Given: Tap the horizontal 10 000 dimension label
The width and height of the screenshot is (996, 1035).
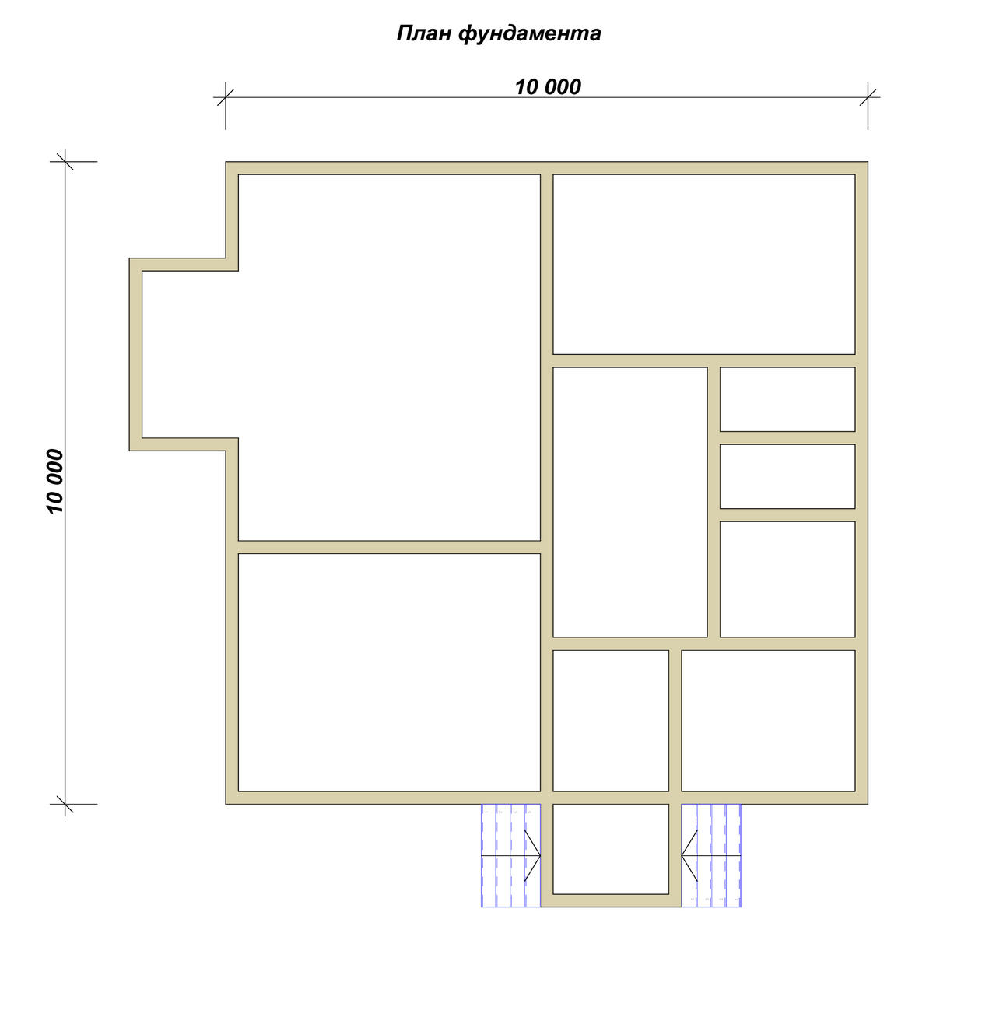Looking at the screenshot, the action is coord(548,86).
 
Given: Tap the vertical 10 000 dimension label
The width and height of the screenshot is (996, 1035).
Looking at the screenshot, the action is coord(54,482).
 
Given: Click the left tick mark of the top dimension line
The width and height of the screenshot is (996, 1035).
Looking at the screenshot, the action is coord(226,97).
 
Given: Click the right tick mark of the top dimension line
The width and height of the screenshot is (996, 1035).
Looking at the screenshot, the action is coord(868,97).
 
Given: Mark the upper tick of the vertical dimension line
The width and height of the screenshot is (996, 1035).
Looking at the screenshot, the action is coord(65,161).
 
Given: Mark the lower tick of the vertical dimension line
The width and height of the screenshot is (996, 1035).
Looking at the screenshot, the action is coord(65,804).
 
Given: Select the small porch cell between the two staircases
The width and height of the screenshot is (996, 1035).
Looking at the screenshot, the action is coord(611,849).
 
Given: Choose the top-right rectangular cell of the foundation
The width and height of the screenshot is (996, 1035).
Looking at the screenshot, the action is coord(704,265).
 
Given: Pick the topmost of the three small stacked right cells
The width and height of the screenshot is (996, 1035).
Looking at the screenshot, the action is coord(787,399).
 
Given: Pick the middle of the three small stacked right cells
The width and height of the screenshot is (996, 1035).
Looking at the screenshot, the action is coord(787,476).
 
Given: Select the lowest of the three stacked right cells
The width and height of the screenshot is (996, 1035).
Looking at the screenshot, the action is coord(787,579).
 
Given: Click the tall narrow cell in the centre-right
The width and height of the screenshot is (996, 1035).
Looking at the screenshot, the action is coord(630,501).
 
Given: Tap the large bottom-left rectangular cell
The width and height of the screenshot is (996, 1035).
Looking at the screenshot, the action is coord(389,672).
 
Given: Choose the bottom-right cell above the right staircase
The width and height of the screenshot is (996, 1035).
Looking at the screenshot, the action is coord(769,720).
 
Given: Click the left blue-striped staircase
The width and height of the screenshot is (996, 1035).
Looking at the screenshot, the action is coord(511,855).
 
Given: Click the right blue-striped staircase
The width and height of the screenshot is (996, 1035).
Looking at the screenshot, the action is coord(711,855).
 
